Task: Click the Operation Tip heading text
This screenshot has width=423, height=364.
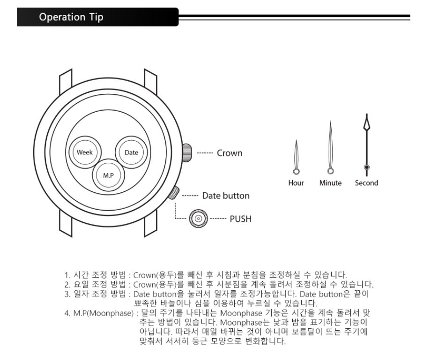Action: [x=71, y=17]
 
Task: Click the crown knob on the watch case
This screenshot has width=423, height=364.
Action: [x=187, y=153]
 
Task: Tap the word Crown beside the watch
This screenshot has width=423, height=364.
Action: [x=230, y=153]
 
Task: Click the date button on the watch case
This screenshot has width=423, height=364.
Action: [x=174, y=192]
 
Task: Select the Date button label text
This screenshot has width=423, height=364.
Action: [x=226, y=196]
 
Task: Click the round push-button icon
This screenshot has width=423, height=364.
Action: [x=199, y=218]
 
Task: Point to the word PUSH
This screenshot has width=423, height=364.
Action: [x=240, y=219]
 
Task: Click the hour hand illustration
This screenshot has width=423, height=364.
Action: [x=296, y=157]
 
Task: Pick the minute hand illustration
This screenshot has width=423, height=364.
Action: [x=330, y=148]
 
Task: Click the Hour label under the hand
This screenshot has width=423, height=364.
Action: [x=296, y=183]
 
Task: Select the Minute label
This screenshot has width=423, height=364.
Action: [x=330, y=183]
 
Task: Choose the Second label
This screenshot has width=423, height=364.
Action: [x=367, y=183]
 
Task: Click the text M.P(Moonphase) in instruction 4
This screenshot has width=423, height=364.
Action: [x=104, y=313]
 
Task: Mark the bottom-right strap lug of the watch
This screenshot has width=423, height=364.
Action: [x=150, y=223]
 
